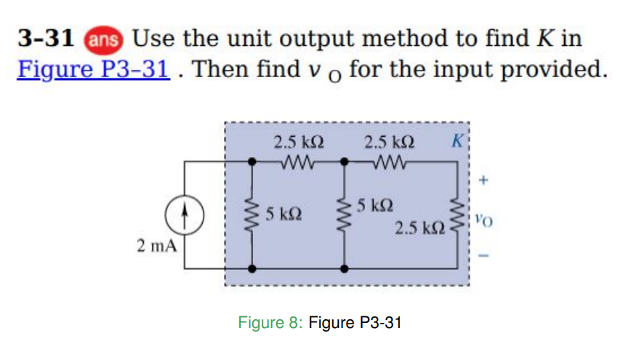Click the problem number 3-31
coord(46,38)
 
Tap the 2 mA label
coord(157,245)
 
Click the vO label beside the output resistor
coord(483,215)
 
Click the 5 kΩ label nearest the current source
coord(281,215)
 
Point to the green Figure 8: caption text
coord(270,322)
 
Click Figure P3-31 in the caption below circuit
coord(355,322)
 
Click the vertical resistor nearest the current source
coord(253,215)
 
